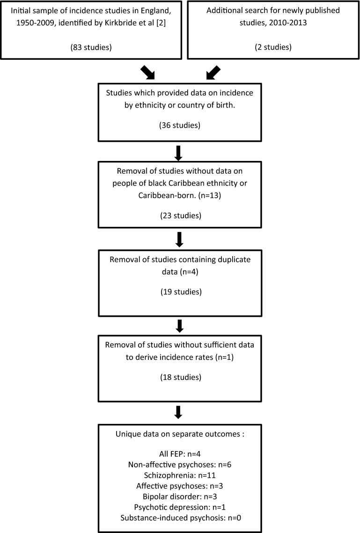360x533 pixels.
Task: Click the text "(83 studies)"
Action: (x=90, y=47)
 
